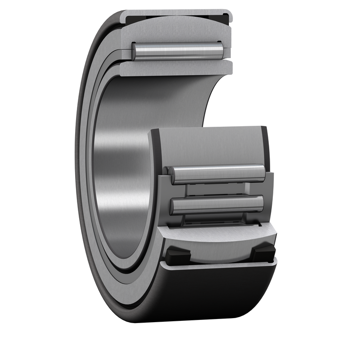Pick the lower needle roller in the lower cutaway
[217, 205]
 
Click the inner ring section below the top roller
[176, 68]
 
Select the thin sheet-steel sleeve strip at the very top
[176, 12]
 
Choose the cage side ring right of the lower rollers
[269, 195]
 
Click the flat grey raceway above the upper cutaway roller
[208, 145]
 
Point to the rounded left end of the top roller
[135, 51]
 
